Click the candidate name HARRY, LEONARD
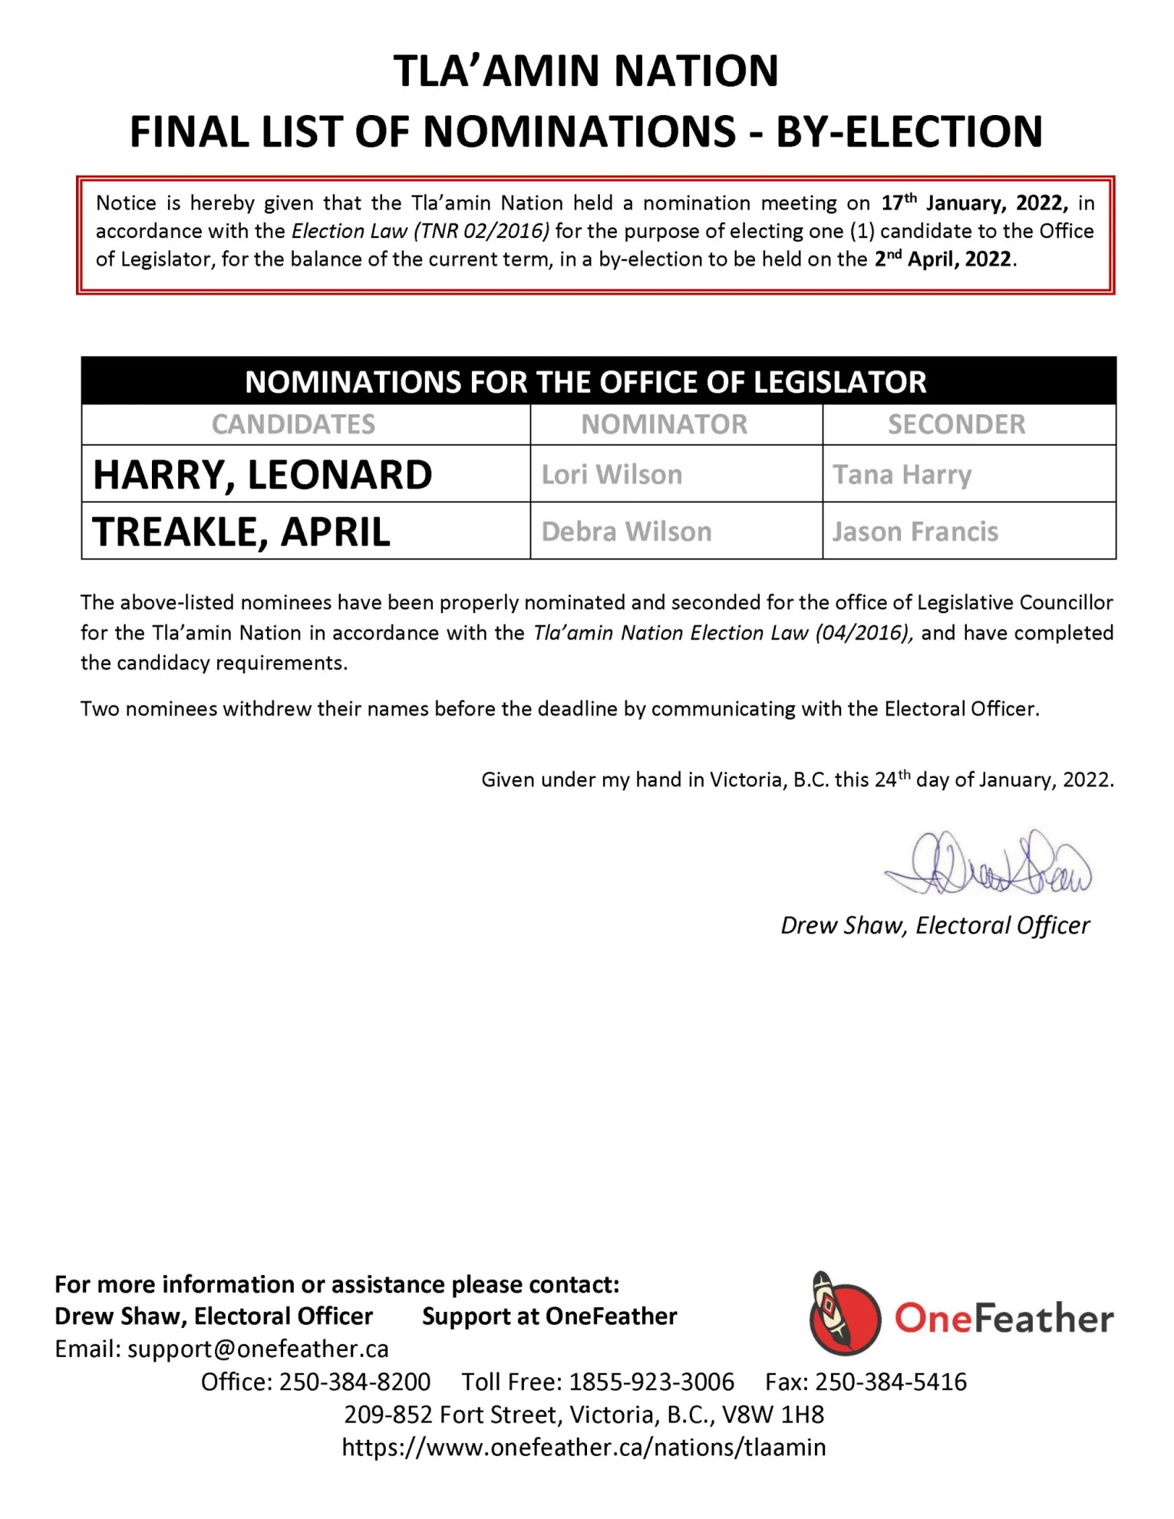pyautogui.click(x=262, y=475)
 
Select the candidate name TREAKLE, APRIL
pyautogui.click(x=241, y=532)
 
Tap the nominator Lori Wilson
pyautogui.click(x=612, y=475)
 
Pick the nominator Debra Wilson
pyautogui.click(x=626, y=532)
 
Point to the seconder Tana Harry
pyautogui.click(x=902, y=475)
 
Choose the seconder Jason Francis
pyautogui.click(x=915, y=532)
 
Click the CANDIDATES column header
pyautogui.click(x=293, y=424)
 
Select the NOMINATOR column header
pyautogui.click(x=664, y=424)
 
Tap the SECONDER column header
pyautogui.click(x=956, y=424)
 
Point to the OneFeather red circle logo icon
pyautogui.click(x=844, y=1317)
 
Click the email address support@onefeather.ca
pyautogui.click(x=258, y=1349)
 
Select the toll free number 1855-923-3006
pyautogui.click(x=651, y=1382)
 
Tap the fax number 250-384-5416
pyautogui.click(x=890, y=1382)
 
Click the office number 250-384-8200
pyautogui.click(x=355, y=1382)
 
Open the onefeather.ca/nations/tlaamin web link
pyautogui.click(x=584, y=1447)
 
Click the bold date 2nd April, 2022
pyautogui.click(x=943, y=259)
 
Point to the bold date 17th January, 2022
pyautogui.click(x=974, y=203)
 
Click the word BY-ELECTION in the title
pyautogui.click(x=909, y=131)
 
